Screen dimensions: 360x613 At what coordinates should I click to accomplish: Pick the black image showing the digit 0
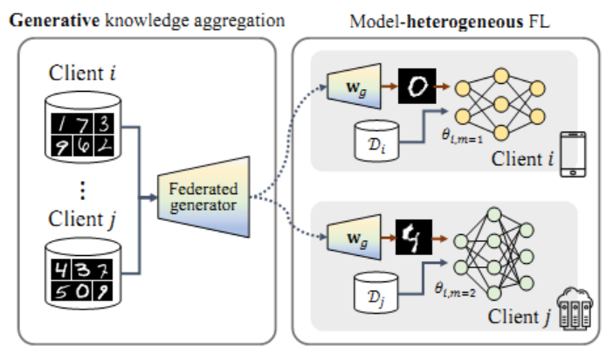point(420,85)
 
